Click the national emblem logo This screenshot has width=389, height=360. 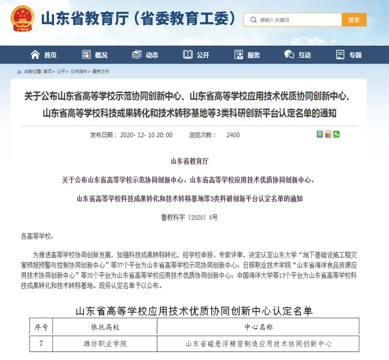coord(22,19)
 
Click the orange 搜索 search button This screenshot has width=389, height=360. coord(354,20)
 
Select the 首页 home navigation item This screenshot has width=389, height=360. coord(44,55)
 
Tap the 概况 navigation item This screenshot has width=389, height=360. coord(95,55)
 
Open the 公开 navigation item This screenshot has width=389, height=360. coord(196,55)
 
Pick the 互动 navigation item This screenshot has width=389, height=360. coord(298,55)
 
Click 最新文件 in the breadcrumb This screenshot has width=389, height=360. coord(101,72)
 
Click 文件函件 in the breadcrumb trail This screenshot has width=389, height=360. coord(79,72)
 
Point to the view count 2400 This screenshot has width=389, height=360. coord(233,135)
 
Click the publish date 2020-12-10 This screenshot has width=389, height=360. coord(146,135)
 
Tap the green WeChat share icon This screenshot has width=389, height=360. coord(336,134)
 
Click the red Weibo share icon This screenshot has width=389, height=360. coord(328,134)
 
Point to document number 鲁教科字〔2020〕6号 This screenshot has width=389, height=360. coord(189,218)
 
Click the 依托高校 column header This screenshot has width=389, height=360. coord(105,327)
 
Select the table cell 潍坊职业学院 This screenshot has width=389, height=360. coord(105,344)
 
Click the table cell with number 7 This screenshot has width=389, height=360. coord(41,344)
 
